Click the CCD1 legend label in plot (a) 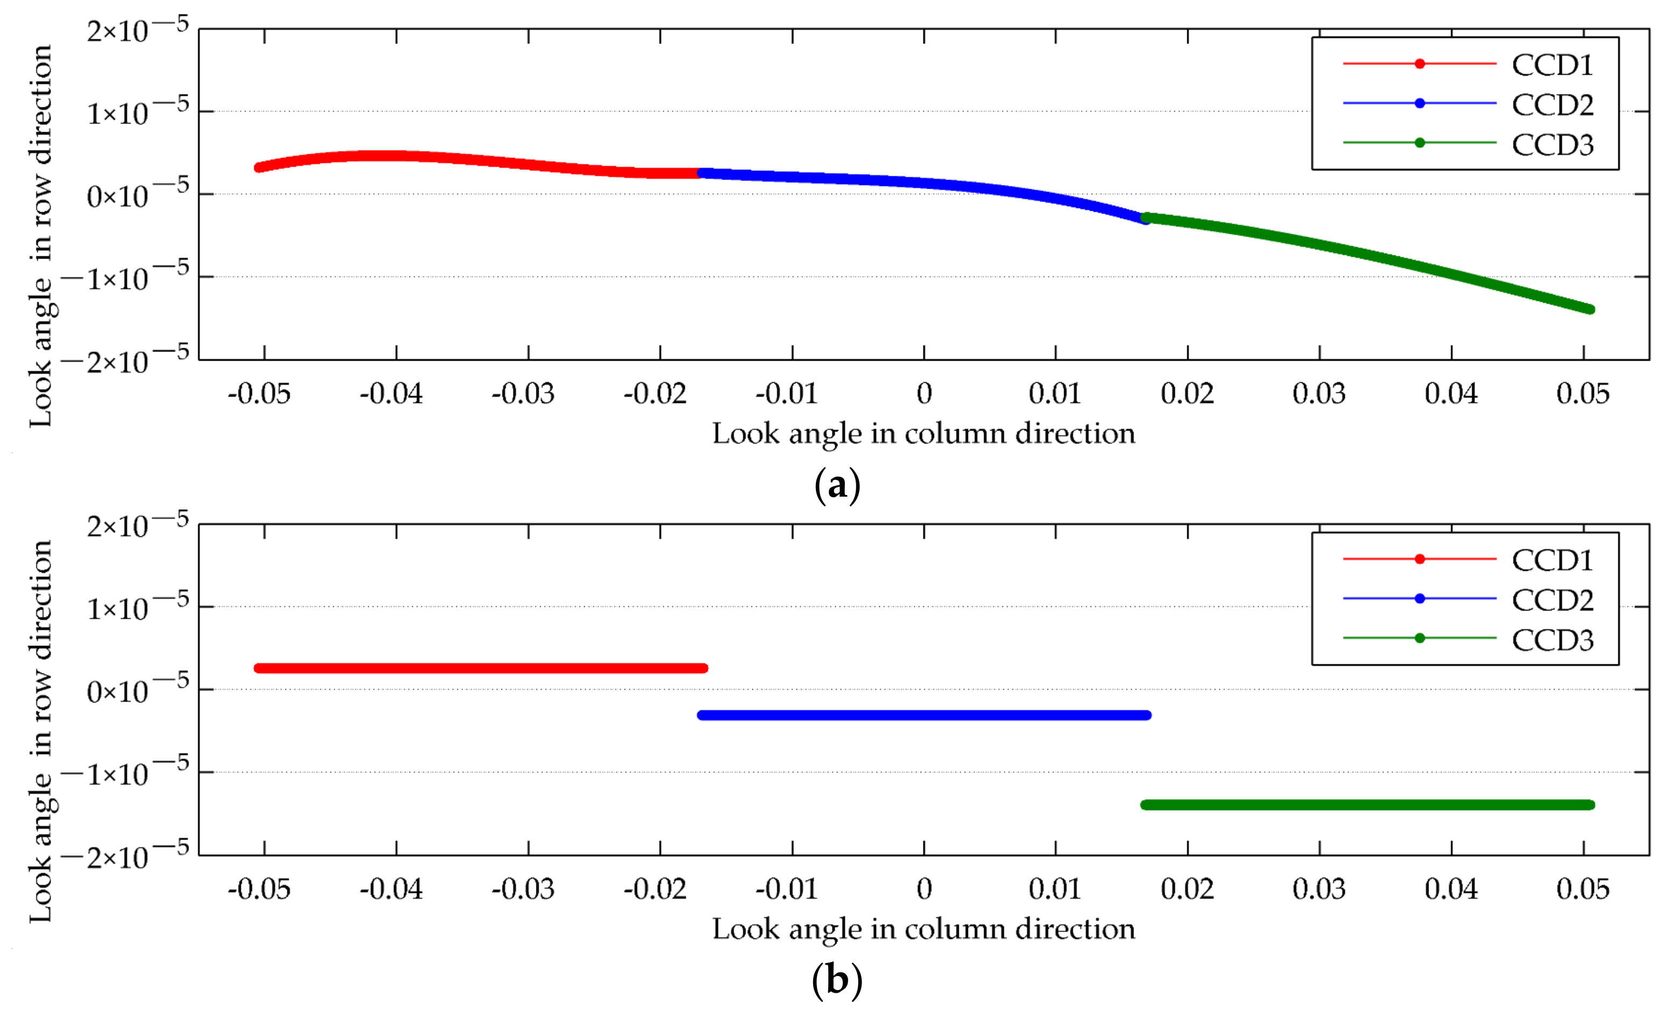1552,66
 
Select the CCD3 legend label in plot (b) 1552,640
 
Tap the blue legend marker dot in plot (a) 1419,103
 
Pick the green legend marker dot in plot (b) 1419,638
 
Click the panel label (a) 837,485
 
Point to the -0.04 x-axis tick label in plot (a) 391,394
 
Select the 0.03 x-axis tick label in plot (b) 1319,890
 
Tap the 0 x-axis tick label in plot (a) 924,394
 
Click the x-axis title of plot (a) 924,434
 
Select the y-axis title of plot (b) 40,731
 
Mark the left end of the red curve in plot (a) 259,168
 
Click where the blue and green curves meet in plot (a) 1145,218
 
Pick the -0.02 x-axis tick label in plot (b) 655,890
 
